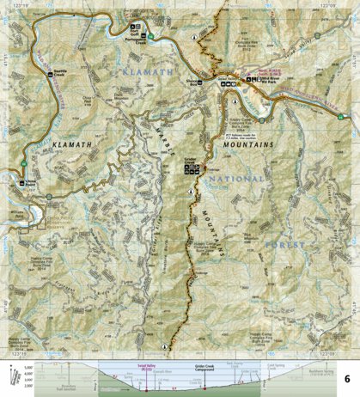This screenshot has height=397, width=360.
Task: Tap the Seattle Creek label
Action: point(58,72)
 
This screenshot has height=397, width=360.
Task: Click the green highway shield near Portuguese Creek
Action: point(149,35)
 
